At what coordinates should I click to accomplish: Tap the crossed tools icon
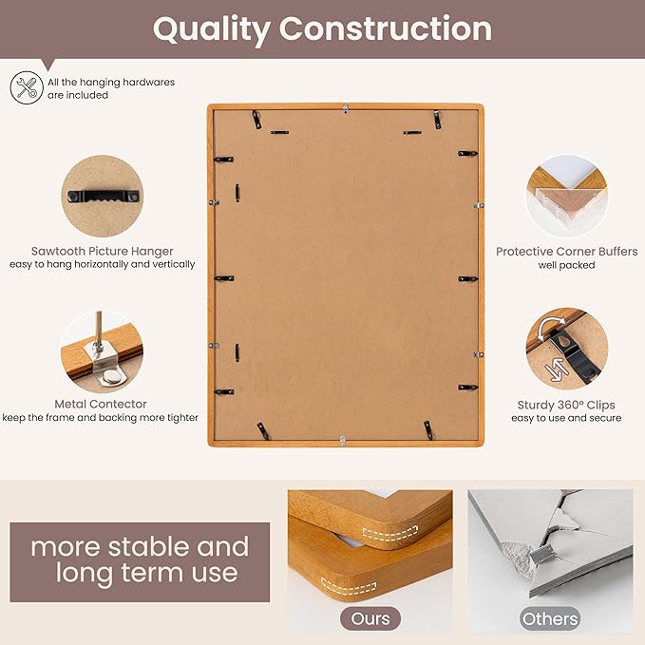[26, 88]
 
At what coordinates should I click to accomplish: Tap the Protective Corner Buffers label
[559, 252]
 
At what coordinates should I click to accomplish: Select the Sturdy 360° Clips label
[565, 405]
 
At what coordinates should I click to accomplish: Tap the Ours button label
[370, 618]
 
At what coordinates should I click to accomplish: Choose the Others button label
[550, 618]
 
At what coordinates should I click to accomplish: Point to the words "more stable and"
[140, 547]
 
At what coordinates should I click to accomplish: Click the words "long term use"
[147, 573]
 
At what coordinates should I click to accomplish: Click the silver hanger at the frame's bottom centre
[343, 440]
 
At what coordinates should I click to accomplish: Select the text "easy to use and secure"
[566, 418]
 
